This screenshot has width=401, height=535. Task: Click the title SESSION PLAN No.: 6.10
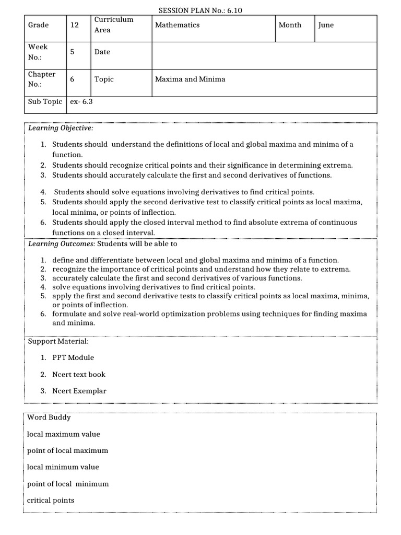point(200,10)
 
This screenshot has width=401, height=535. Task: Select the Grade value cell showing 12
point(75,25)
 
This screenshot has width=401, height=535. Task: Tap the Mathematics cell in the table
point(178,25)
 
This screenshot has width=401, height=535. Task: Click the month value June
point(326,25)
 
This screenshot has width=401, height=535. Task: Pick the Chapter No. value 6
point(72,79)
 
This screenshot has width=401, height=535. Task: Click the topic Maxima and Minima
point(190,79)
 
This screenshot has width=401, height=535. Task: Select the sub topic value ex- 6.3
point(81,102)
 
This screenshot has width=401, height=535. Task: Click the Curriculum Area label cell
point(114,25)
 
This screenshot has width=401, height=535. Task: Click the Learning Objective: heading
point(61,128)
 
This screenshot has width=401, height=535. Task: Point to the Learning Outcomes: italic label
point(62,243)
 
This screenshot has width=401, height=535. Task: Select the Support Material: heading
point(58,341)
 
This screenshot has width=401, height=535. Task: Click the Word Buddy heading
point(49,417)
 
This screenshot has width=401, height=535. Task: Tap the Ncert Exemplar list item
point(79,391)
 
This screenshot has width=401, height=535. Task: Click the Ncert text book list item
point(79,375)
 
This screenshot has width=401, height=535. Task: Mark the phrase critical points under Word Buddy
point(51,501)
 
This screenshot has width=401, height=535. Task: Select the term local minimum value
point(63,467)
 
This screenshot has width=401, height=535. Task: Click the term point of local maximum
point(68,450)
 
